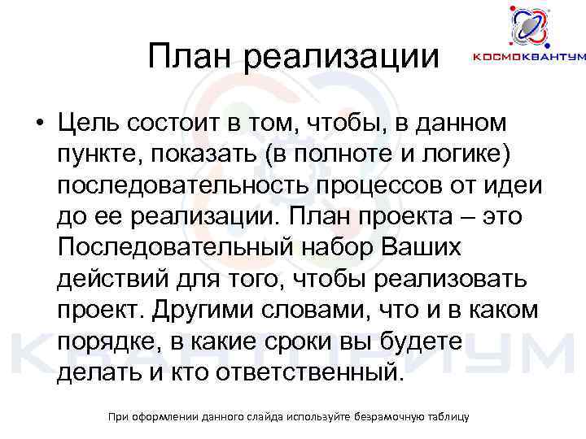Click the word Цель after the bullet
(x=88, y=123)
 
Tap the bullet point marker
(x=39, y=124)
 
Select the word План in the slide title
(x=188, y=56)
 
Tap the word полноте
(x=377, y=154)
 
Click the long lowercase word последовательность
(x=180, y=185)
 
